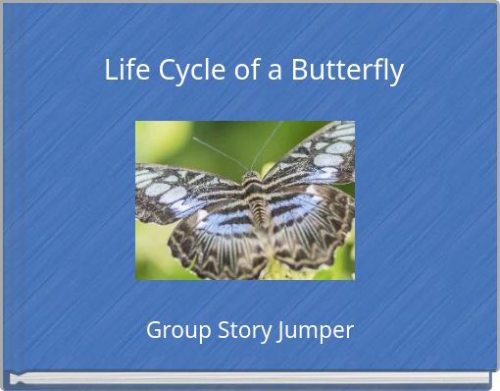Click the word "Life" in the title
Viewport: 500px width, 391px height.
[x=125, y=71]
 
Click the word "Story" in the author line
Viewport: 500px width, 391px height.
[x=240, y=331]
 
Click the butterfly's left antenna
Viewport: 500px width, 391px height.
[x=221, y=152]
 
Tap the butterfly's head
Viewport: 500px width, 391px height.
[x=251, y=177]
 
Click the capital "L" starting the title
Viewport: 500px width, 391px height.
[x=111, y=71]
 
